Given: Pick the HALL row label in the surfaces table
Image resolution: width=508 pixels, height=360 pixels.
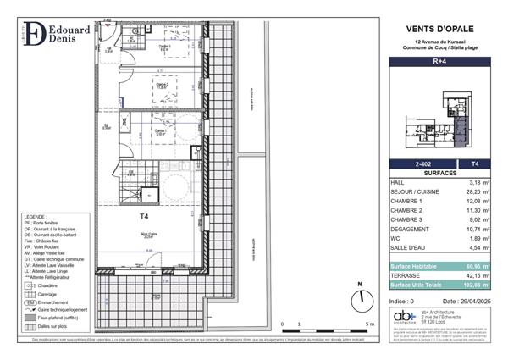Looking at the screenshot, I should (x=397, y=182).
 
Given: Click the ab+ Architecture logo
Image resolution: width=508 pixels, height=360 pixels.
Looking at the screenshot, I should (x=404, y=317).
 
